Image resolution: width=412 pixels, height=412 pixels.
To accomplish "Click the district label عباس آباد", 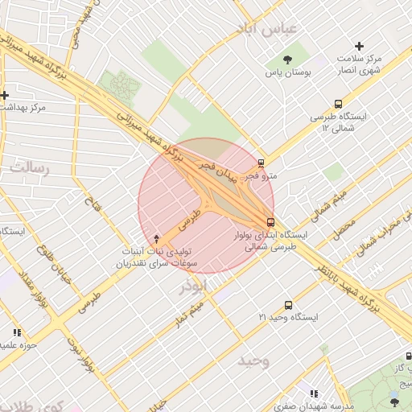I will (x=266, y=30).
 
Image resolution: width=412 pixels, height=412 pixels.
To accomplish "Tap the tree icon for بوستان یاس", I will (x=287, y=60).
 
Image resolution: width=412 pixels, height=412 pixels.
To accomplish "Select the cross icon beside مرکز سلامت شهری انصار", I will (x=359, y=47).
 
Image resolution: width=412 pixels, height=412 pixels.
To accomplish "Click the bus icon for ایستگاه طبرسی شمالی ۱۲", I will (x=337, y=104).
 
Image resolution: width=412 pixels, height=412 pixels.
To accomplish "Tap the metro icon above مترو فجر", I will (x=261, y=163).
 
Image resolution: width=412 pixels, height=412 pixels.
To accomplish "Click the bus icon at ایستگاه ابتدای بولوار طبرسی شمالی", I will (x=270, y=222).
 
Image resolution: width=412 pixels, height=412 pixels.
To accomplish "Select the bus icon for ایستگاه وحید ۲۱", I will (x=288, y=305).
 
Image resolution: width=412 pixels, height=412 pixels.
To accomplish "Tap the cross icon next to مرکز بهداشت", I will (x=5, y=95).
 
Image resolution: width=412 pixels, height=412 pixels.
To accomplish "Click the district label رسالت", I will (x=30, y=168).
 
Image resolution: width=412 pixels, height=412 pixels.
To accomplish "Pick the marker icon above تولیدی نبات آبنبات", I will (x=157, y=238).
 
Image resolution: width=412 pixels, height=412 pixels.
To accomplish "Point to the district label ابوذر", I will (x=194, y=286).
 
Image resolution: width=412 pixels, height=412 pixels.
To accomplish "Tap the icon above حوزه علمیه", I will (x=17, y=332).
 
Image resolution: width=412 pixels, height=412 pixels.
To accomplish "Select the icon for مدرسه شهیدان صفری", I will (x=313, y=394).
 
